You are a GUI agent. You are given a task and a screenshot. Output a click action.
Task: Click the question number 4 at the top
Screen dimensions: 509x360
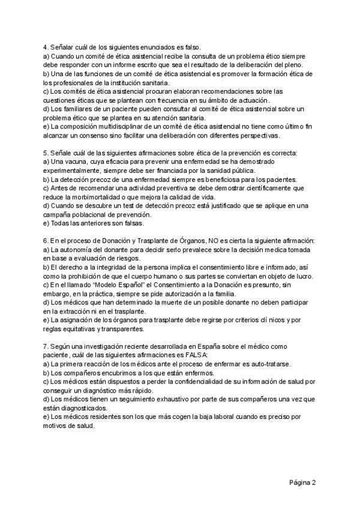pyautogui.click(x=46, y=47)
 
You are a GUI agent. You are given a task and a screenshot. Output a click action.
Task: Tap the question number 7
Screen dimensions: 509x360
pyautogui.click(x=46, y=346)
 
